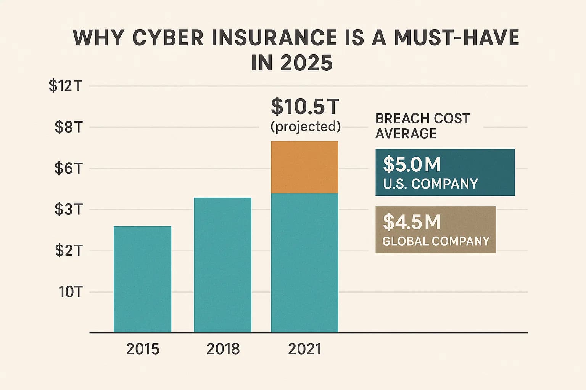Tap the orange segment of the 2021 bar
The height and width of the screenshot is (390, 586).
point(304,167)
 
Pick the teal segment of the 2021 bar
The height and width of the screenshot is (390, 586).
point(304,263)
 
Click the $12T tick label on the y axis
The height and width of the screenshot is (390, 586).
point(66,86)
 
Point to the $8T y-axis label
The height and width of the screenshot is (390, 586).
point(68,127)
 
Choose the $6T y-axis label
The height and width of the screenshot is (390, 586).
point(68,168)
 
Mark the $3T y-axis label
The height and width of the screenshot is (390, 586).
point(68,209)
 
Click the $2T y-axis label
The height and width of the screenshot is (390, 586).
point(68,251)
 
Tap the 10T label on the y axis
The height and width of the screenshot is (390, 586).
point(70,292)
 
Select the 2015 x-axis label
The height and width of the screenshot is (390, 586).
point(142,349)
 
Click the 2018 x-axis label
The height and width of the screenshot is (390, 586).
point(223,349)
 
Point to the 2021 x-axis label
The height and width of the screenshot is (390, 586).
point(304,349)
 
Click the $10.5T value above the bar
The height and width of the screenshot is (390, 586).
point(305,107)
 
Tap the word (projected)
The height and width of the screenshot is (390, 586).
point(305,126)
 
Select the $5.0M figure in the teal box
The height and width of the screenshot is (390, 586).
point(412,165)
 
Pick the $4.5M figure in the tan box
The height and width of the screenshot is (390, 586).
point(412,222)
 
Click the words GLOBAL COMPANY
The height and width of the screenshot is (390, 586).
point(436,241)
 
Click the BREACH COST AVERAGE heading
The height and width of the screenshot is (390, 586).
point(422,126)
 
